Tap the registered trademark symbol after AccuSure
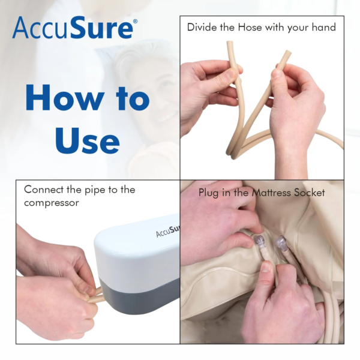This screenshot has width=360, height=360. coord(134,22)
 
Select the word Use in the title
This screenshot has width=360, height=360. coord(87,140)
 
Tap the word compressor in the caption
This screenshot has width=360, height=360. coord(53,203)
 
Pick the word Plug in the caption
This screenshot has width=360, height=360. coord(209,194)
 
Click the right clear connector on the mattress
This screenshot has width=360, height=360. coord(280,244)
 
